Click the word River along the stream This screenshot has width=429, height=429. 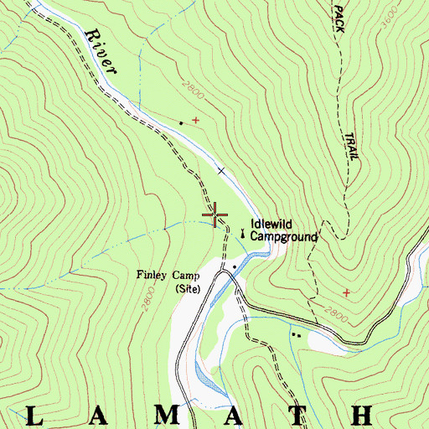(100, 54)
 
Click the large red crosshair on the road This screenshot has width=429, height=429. (215, 215)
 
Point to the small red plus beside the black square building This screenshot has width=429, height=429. (196, 121)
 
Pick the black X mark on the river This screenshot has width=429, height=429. (221, 171)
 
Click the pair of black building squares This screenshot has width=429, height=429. (295, 335)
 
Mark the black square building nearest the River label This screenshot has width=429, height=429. (180, 123)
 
